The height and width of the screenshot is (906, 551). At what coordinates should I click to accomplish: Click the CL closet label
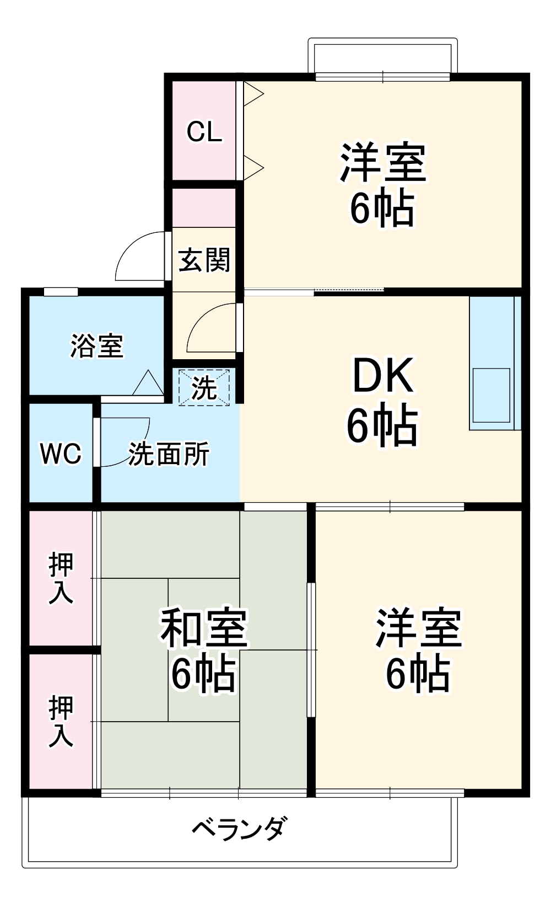[204, 132]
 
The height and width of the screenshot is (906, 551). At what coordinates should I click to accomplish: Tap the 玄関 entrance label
[204, 260]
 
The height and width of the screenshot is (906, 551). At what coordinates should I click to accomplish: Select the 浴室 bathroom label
[97, 346]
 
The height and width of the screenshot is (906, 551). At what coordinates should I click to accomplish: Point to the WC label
[61, 454]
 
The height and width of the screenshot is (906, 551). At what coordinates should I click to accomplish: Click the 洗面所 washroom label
[169, 454]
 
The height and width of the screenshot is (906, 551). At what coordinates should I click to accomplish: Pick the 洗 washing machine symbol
[204, 388]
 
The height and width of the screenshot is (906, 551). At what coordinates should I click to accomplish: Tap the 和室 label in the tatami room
[204, 628]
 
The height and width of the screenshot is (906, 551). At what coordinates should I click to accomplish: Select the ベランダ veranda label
[240, 828]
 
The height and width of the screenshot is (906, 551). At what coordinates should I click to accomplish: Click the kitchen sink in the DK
[491, 395]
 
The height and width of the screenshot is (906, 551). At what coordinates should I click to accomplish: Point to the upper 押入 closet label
[61, 578]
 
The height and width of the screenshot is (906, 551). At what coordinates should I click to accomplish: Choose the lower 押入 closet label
[61, 721]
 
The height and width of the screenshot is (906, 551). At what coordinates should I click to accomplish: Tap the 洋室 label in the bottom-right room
[418, 628]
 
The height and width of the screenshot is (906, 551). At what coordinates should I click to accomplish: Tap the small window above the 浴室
[61, 291]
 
